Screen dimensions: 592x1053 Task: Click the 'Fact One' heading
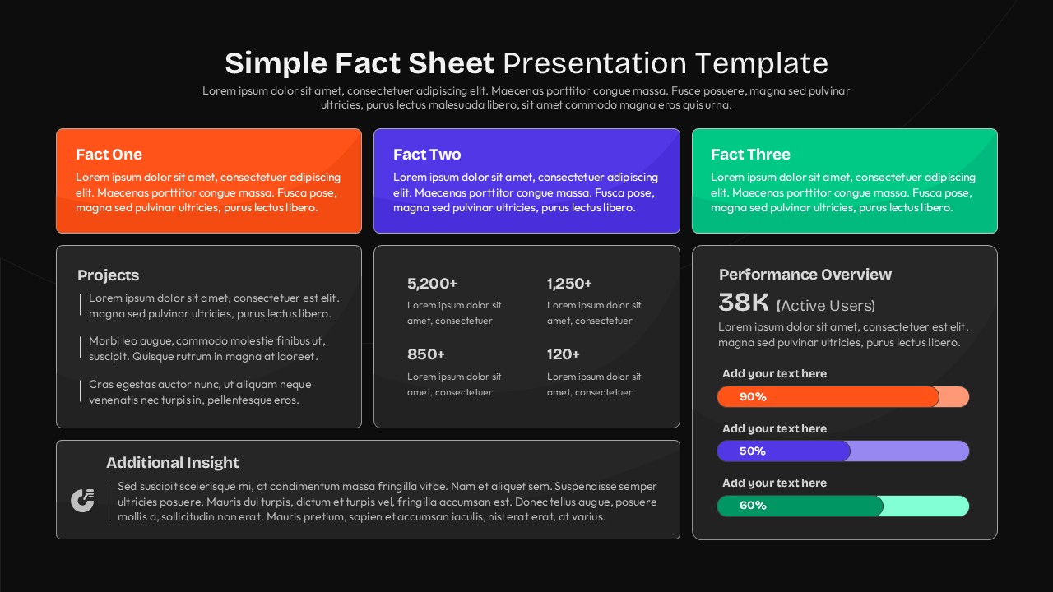tap(109, 155)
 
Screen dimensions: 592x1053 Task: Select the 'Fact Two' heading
tap(427, 155)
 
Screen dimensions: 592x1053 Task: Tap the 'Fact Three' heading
tap(750, 155)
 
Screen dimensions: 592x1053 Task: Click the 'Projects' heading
tap(108, 275)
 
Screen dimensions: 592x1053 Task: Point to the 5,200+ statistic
tap(432, 284)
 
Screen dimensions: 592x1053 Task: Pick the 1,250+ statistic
tap(569, 284)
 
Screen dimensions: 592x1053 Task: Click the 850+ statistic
tap(426, 354)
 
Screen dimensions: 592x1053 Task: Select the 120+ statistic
tap(564, 354)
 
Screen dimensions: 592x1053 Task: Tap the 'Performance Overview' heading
tap(805, 275)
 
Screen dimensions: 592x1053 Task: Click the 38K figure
tap(744, 303)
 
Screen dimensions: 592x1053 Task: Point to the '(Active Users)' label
tap(826, 306)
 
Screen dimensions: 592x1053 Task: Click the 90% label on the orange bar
tap(753, 397)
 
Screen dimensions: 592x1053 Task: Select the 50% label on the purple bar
tap(753, 451)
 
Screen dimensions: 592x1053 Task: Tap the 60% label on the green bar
tap(753, 506)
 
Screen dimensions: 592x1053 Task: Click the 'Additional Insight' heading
tap(173, 463)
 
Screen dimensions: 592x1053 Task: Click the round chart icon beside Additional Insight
tap(82, 500)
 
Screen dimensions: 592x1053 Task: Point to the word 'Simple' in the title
tap(276, 63)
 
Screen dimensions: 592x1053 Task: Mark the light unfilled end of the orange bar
tap(953, 397)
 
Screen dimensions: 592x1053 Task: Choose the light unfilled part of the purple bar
tap(909, 451)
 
